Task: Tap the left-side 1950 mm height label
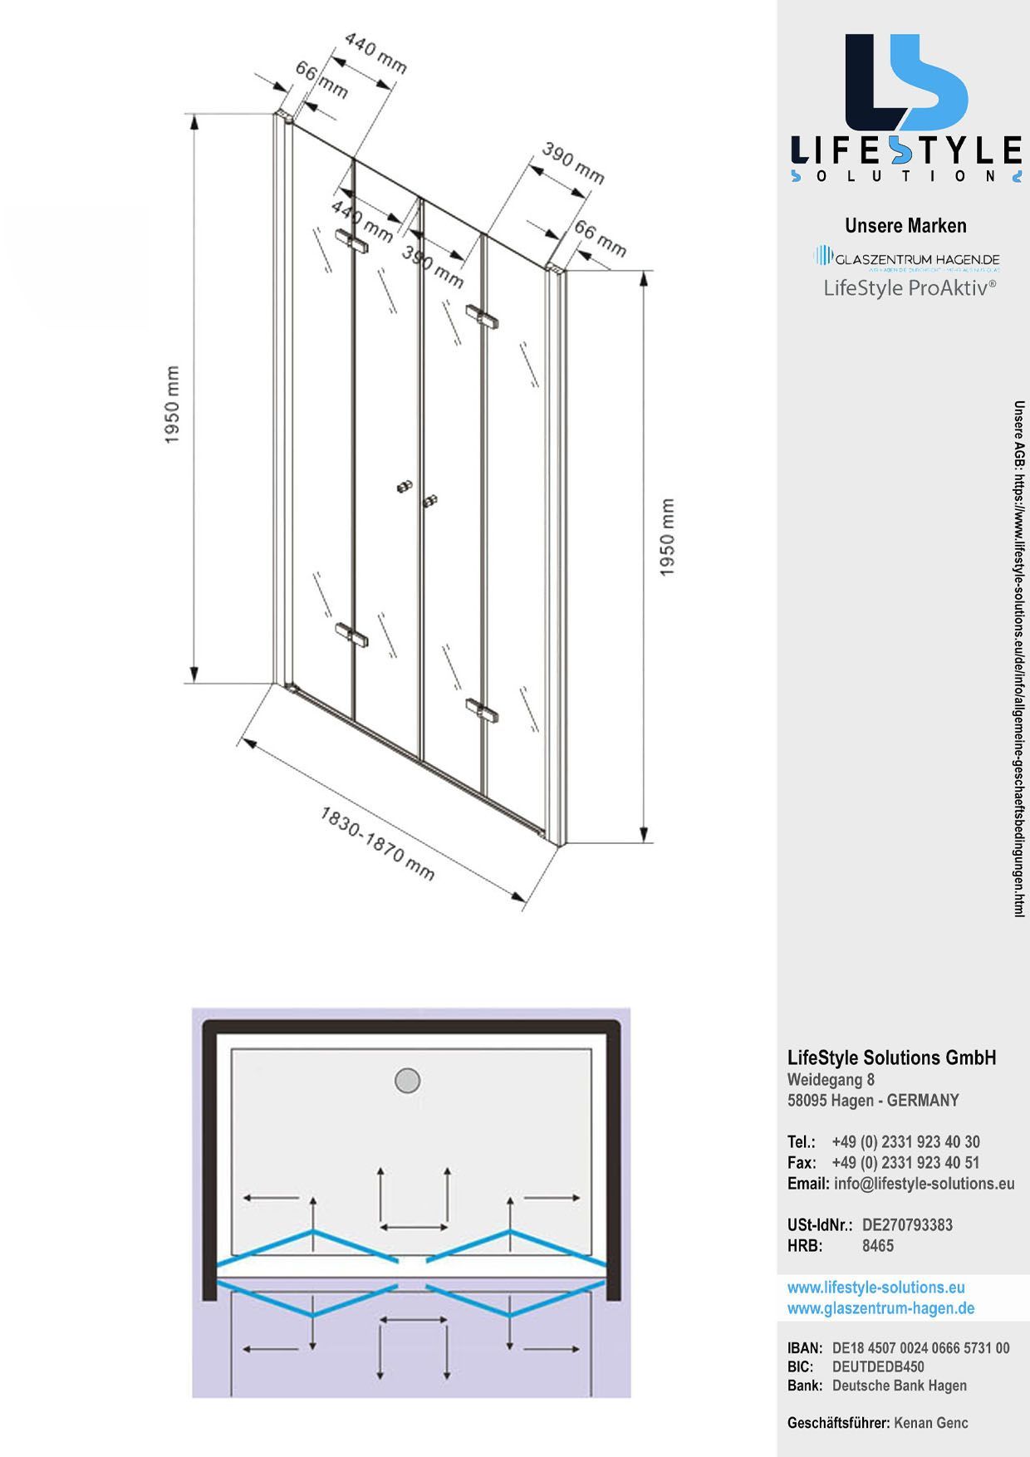(173, 405)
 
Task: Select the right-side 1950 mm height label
(667, 537)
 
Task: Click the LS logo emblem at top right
(906, 83)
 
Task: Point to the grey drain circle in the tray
(407, 1081)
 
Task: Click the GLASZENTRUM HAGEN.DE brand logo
(907, 258)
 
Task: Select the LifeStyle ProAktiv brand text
(909, 288)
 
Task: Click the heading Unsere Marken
(905, 226)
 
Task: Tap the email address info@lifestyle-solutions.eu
(924, 1184)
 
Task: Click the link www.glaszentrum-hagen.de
(880, 1308)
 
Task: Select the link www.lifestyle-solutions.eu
(875, 1288)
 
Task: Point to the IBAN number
(920, 1348)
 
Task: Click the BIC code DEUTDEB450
(878, 1366)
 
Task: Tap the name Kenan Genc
(930, 1423)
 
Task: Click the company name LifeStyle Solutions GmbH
(891, 1057)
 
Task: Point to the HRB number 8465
(877, 1245)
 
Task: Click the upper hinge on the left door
(351, 242)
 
